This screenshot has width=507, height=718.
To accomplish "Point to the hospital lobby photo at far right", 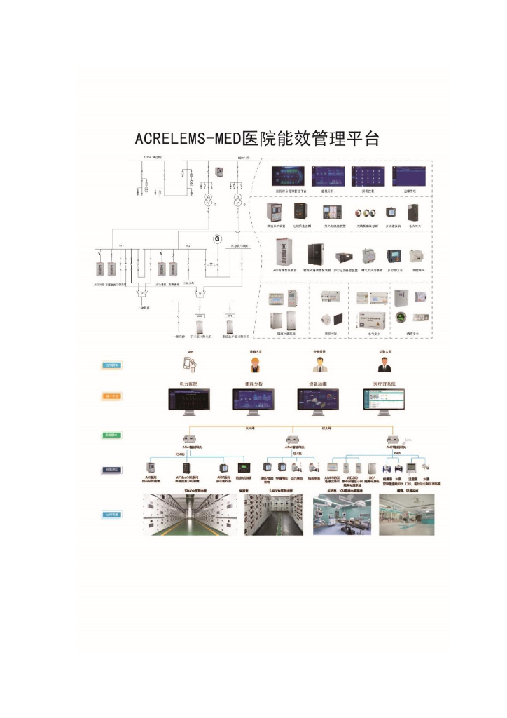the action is tap(407, 515).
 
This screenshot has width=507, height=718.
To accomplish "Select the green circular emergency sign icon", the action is tap(401, 318).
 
